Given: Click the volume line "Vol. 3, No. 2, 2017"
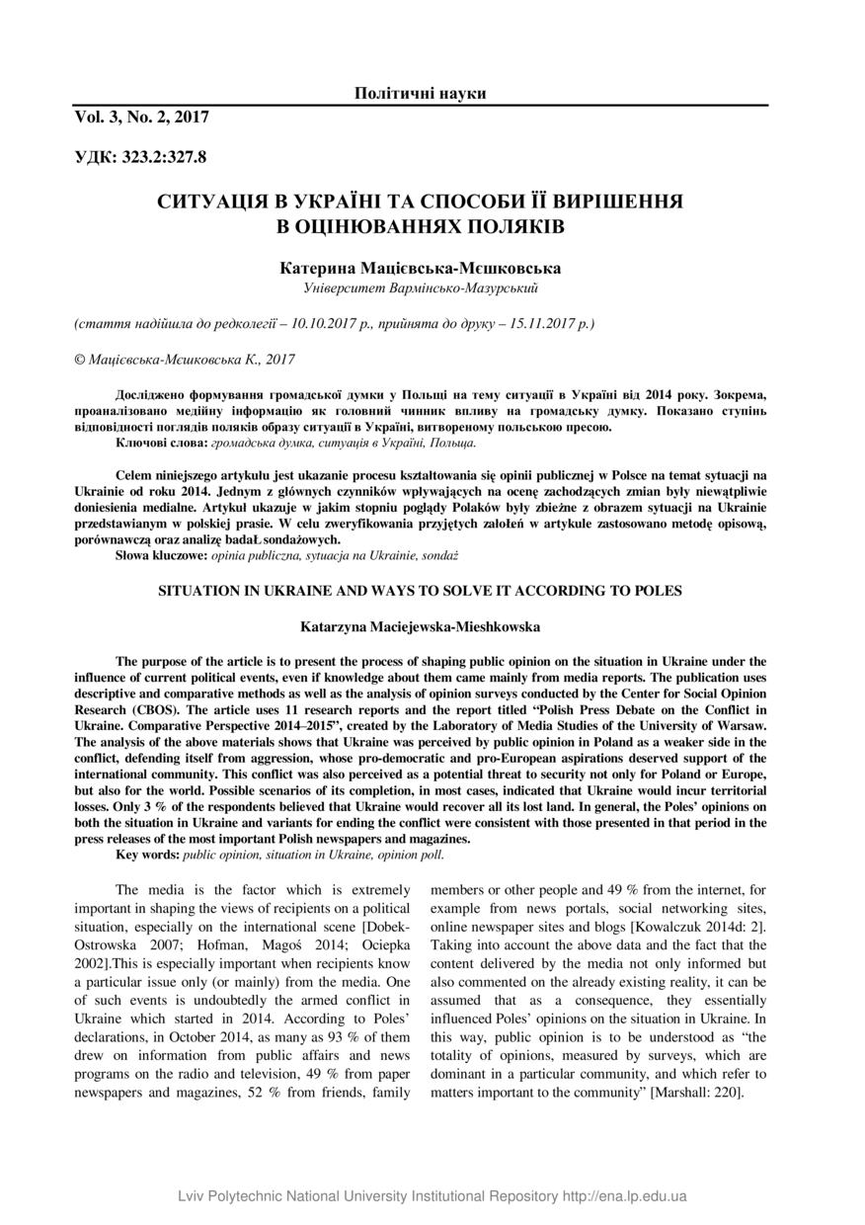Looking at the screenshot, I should [141, 117].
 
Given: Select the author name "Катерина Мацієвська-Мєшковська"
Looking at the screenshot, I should [421, 268].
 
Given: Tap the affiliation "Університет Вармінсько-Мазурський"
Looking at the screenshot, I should [421, 287].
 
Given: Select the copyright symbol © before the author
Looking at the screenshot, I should [80, 361].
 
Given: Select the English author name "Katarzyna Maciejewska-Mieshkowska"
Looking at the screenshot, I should [421, 626].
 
